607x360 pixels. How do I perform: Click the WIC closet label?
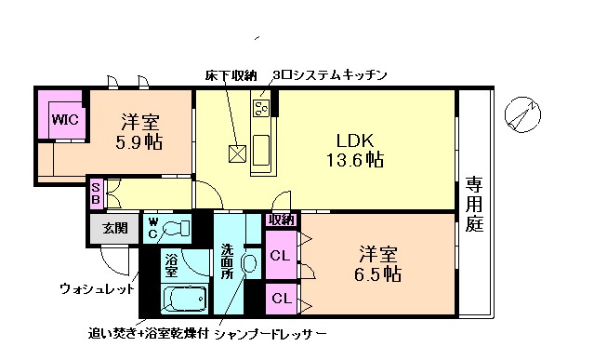point(63,118)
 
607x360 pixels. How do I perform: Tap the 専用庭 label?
point(474,204)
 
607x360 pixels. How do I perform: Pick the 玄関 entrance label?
point(114,229)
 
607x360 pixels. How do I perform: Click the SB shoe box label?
point(96,194)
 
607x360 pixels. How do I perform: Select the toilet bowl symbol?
point(176,228)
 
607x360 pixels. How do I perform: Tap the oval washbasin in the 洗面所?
point(248,264)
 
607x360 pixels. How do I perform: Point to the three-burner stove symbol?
point(261,108)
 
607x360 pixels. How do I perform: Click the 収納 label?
point(281,220)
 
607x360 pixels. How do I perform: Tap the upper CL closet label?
point(280,253)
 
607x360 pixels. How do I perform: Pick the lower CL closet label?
point(280,299)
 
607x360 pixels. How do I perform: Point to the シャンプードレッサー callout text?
point(270,333)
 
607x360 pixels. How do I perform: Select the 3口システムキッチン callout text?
point(329,74)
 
